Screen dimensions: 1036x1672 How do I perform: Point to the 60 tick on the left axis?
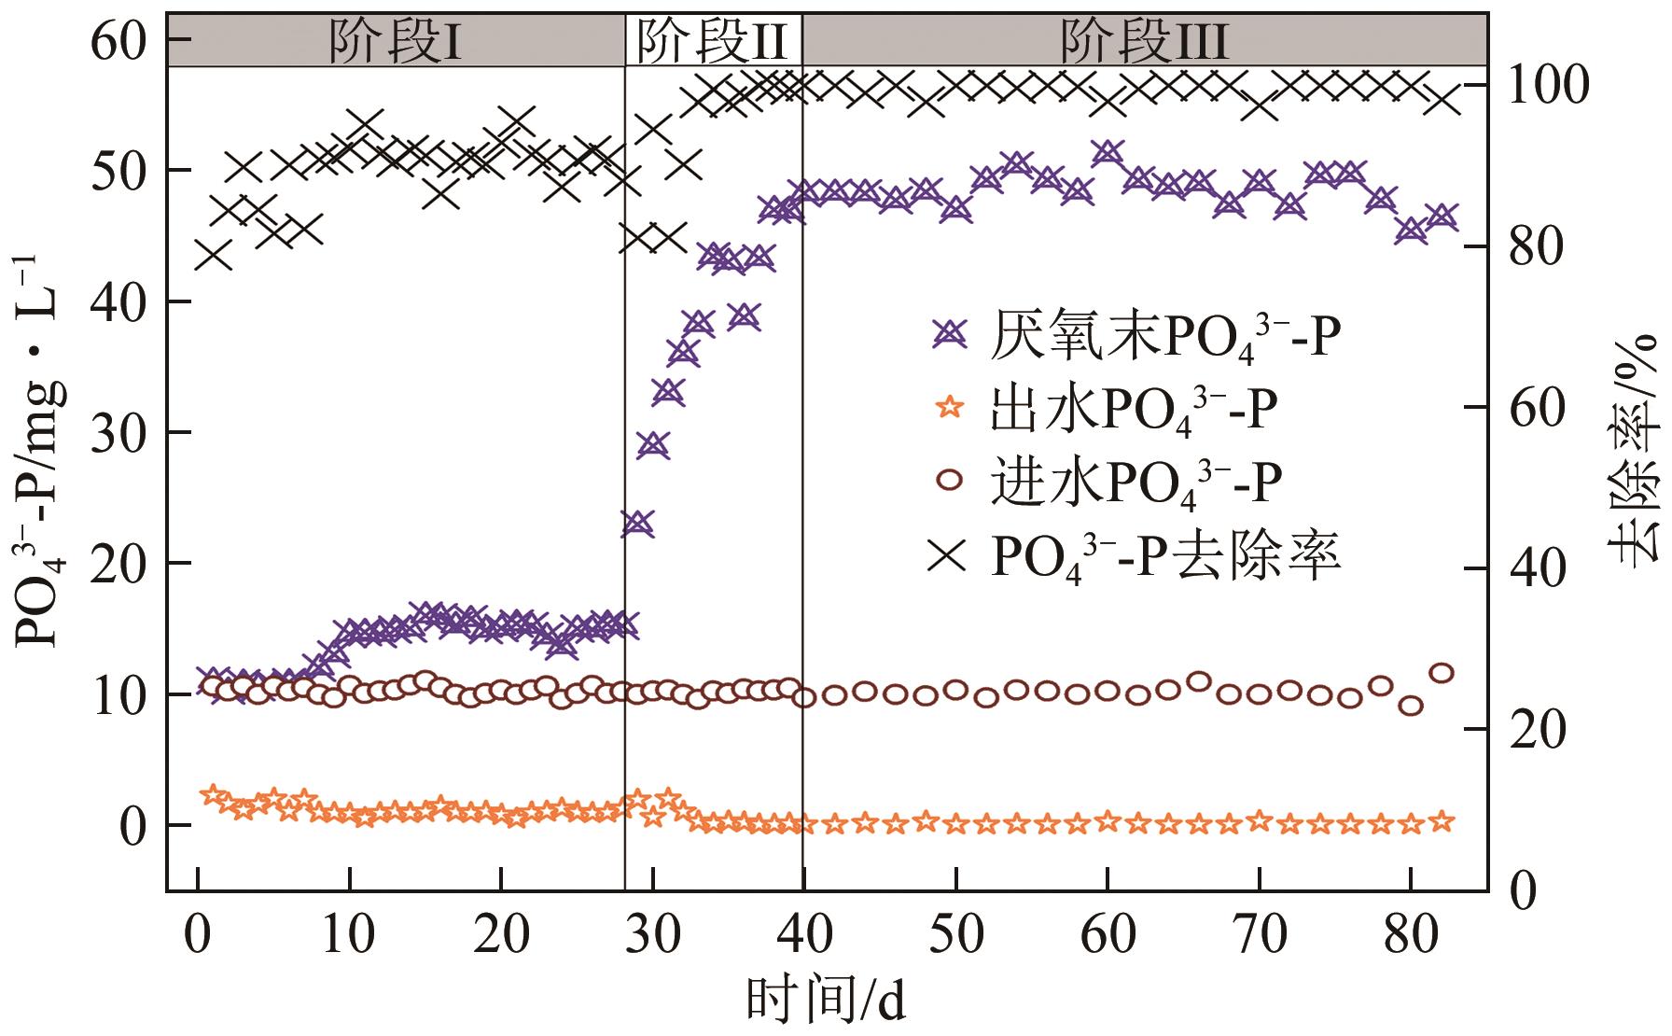tap(122, 40)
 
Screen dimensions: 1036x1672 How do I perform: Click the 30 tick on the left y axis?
tap(122, 432)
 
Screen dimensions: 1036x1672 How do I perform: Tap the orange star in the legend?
tap(949, 407)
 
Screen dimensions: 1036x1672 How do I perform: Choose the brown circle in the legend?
tap(949, 481)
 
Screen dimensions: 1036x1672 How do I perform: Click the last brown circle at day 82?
tap(1442, 673)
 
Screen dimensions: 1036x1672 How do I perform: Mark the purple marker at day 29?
tap(637, 523)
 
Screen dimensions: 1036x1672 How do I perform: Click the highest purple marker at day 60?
tap(1108, 153)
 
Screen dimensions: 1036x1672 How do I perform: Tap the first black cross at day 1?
tap(214, 254)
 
